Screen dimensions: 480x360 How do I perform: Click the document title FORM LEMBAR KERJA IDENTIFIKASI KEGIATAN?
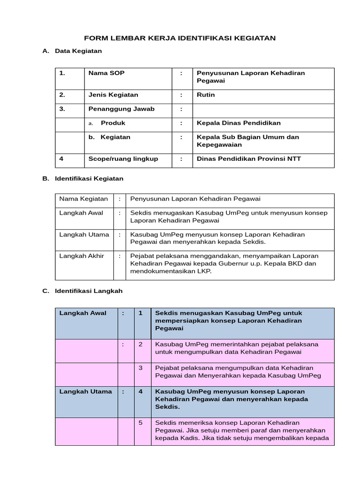click(180, 38)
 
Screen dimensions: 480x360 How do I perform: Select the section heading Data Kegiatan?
click(78, 51)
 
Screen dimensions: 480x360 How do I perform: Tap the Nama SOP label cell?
click(106, 73)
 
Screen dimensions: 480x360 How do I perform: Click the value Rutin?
click(206, 95)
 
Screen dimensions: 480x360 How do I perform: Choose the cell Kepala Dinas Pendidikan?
click(239, 123)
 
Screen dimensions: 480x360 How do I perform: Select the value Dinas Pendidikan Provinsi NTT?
click(248, 158)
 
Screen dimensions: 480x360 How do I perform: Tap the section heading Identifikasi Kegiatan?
click(89, 179)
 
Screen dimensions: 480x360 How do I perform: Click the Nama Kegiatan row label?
click(83, 199)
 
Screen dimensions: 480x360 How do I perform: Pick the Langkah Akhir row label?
click(81, 256)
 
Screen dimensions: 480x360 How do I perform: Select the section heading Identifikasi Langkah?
click(89, 291)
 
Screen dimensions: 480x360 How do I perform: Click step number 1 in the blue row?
click(141, 313)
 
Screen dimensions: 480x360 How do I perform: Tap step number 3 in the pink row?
click(141, 367)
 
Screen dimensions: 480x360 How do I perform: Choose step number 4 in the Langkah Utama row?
click(141, 391)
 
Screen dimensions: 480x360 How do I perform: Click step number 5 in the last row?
click(141, 423)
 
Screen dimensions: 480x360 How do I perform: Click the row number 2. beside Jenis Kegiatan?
click(62, 95)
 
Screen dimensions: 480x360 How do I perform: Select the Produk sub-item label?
click(113, 123)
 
